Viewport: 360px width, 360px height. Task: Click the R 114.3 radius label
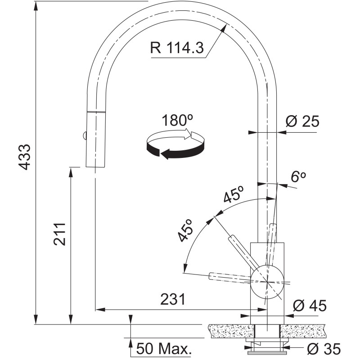click(177, 48)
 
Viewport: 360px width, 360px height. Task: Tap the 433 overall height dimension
click(25, 157)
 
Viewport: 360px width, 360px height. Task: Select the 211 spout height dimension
click(59, 234)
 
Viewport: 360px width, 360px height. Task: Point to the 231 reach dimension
click(173, 299)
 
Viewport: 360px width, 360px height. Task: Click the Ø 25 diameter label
click(302, 121)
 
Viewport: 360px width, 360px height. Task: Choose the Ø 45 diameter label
click(310, 306)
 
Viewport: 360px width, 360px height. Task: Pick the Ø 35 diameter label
click(324, 349)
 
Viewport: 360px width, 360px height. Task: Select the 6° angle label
click(298, 176)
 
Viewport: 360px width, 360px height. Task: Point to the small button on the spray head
click(84, 135)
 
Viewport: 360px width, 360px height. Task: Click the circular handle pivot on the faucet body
click(267, 282)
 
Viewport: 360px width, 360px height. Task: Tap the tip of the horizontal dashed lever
click(210, 276)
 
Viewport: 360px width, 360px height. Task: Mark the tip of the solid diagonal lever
click(231, 237)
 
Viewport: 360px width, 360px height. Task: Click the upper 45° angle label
click(234, 194)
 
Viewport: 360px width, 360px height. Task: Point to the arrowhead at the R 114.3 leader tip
click(222, 29)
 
